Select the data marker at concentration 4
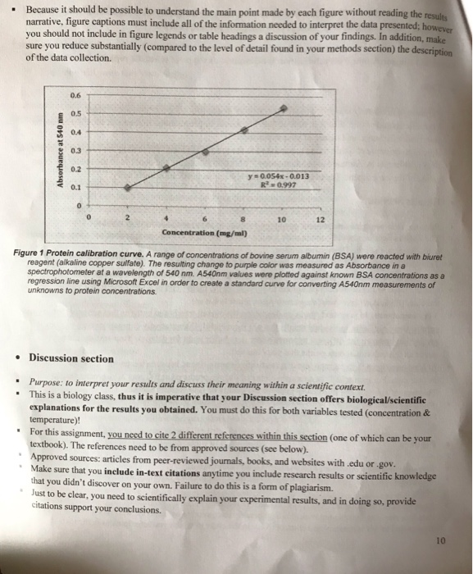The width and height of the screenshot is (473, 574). (x=167, y=166)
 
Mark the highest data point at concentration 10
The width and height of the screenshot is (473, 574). (x=284, y=107)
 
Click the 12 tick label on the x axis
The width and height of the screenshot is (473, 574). (x=321, y=220)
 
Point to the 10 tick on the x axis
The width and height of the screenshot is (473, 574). (x=282, y=220)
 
